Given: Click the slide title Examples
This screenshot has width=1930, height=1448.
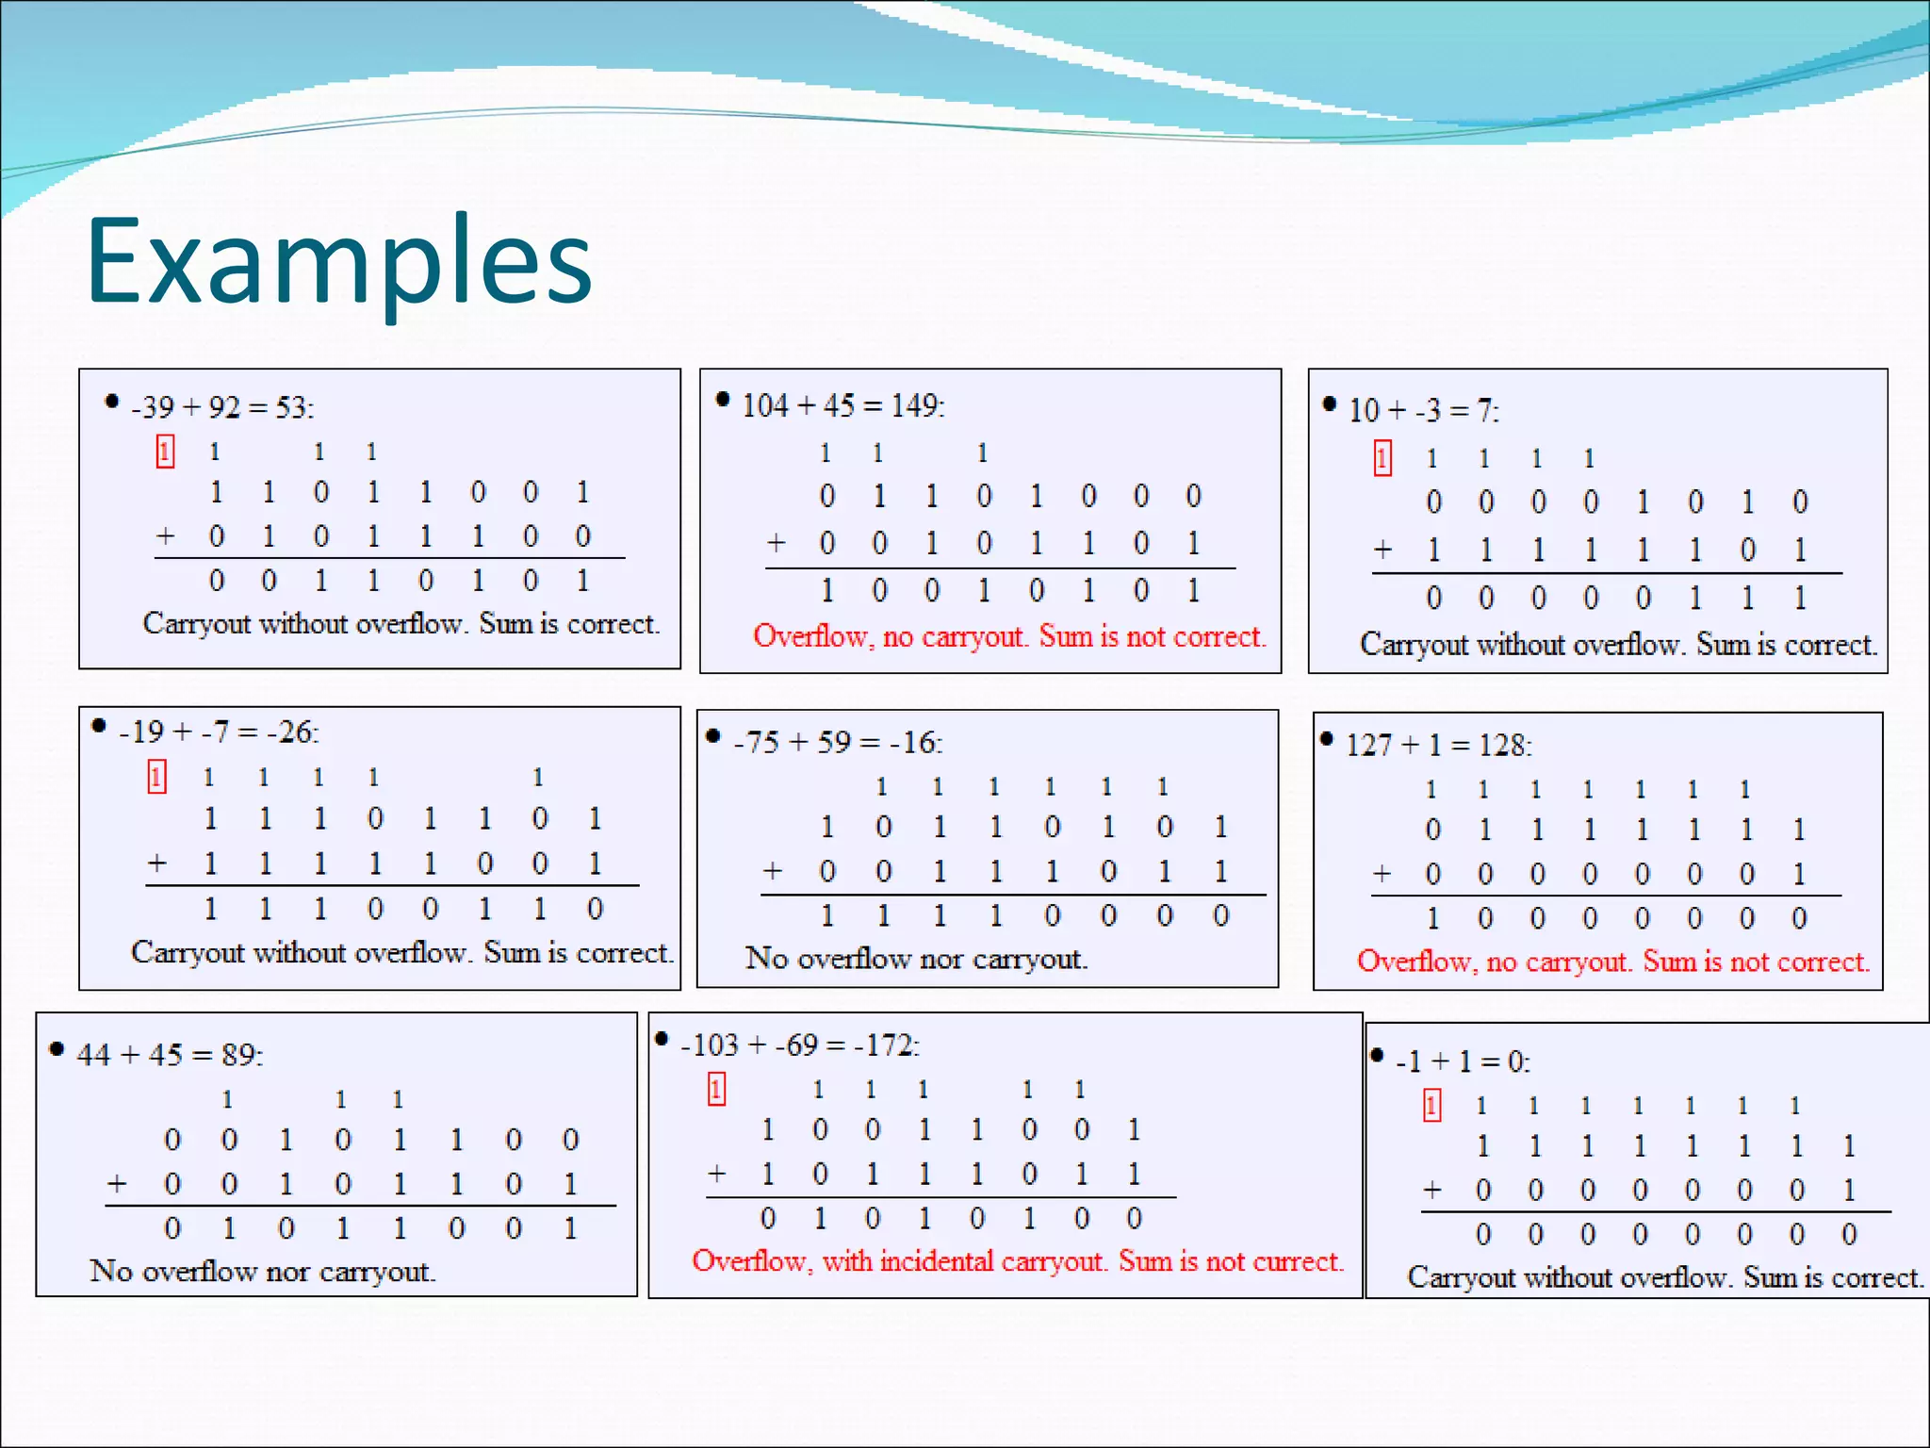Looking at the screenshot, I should point(339,261).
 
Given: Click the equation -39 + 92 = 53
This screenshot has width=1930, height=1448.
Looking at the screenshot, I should point(222,407).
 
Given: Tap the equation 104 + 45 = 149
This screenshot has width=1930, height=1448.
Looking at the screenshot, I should point(842,405).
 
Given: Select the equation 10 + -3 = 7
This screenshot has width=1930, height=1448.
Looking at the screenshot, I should point(1423,410).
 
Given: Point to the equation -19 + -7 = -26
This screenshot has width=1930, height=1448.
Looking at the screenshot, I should point(219,732).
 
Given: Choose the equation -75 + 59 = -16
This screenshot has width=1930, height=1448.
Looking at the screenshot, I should point(837,742).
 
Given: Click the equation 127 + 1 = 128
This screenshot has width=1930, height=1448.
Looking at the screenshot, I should point(1438,745).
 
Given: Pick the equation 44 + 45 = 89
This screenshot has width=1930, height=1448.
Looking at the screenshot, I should point(170,1054).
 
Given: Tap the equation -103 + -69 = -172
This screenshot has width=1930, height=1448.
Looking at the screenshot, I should point(799,1045).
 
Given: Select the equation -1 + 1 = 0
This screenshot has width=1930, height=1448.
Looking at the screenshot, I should point(1463,1061).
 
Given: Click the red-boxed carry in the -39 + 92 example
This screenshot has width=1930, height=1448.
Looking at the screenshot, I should point(165,452).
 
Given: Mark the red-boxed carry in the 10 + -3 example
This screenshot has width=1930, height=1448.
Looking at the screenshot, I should point(1382,458).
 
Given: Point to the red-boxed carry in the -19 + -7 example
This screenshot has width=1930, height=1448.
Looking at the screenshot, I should point(156,777).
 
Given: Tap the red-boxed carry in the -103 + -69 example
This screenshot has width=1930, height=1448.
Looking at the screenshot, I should point(716,1089).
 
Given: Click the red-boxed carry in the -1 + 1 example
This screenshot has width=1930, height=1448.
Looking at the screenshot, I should point(1431,1105).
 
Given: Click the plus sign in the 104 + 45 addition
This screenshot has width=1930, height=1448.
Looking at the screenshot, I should point(776,543).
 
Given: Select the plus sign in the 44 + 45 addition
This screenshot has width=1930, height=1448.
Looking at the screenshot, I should point(117,1183).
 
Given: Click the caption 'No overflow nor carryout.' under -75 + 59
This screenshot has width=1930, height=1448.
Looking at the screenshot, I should point(916,959).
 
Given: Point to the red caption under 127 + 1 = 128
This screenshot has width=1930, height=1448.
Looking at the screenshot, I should point(1612,962).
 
